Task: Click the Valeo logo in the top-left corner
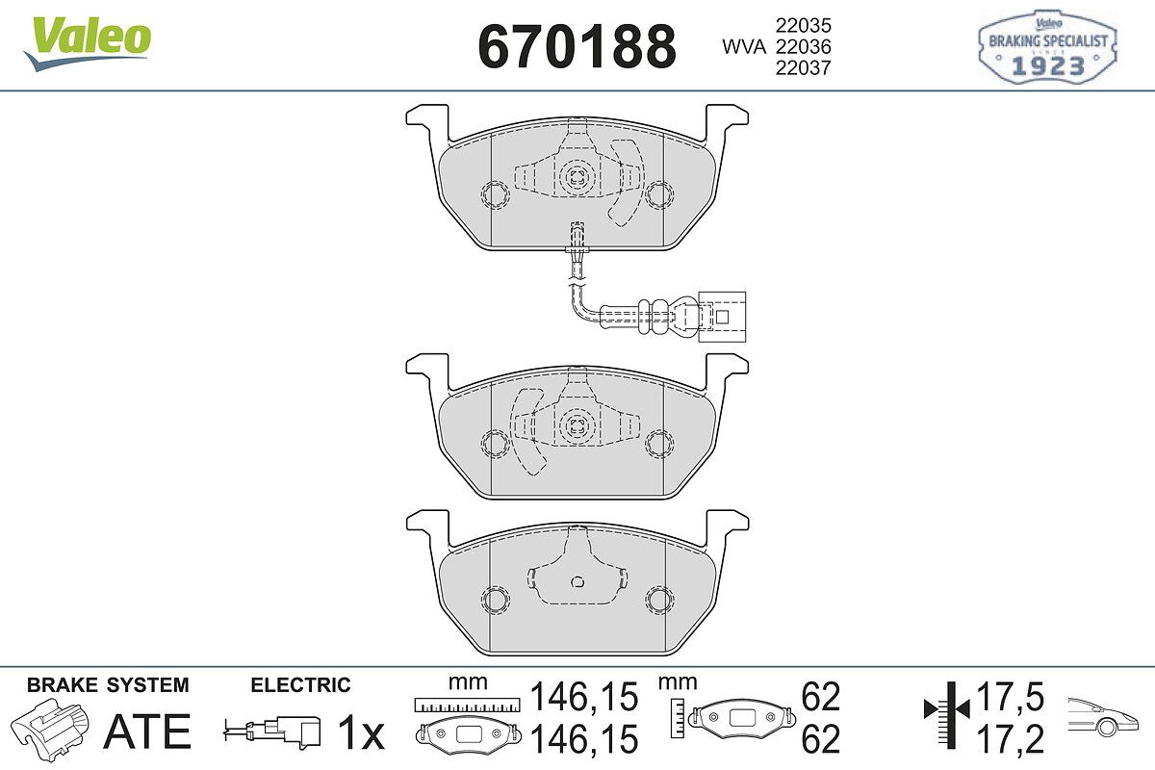88,44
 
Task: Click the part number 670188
577,46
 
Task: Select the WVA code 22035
804,25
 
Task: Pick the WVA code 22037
804,67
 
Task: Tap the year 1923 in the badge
1048,66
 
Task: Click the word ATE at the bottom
147,731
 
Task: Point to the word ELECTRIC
300,685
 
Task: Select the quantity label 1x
361,732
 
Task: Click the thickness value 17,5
1010,697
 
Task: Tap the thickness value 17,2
1010,739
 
